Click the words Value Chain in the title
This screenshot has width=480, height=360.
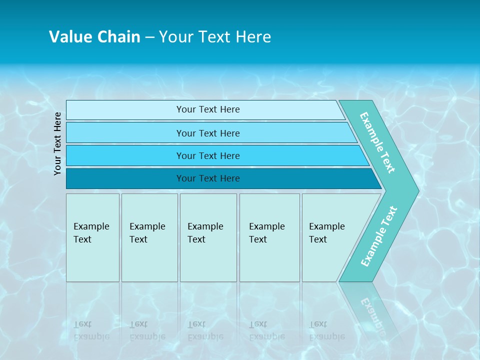(94, 37)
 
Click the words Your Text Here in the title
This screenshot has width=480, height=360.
(215, 37)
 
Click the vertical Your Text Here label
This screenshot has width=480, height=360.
(58, 143)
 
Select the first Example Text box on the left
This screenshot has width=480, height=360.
(92, 237)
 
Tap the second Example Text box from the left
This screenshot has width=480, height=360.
(149, 237)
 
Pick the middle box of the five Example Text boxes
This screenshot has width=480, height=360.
(208, 237)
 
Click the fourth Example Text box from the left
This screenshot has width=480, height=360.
(269, 237)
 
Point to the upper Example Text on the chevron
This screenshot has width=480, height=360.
(377, 142)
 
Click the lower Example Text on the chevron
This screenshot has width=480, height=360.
(379, 236)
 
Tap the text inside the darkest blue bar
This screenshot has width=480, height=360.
(208, 178)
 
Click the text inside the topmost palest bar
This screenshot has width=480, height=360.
(208, 109)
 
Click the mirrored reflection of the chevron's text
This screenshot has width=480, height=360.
(372, 312)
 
